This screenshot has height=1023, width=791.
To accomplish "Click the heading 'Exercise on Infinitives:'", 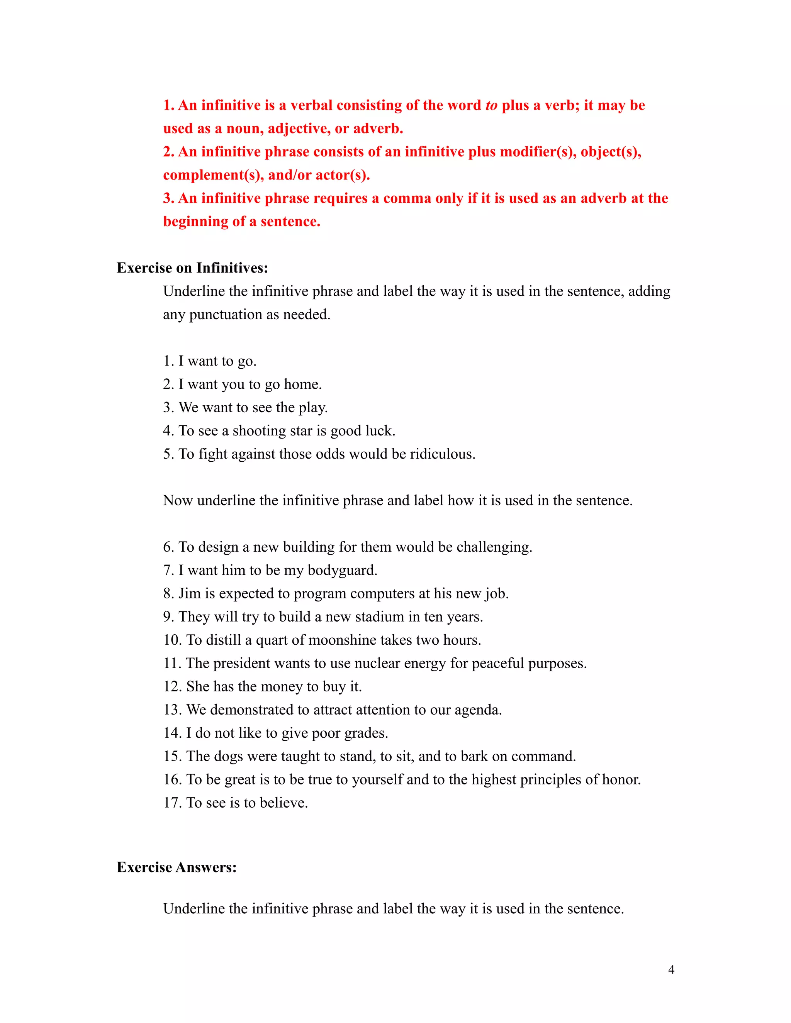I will [192, 268].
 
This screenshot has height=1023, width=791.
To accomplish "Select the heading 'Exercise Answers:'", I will [177, 867].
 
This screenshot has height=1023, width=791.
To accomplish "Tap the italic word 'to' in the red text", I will [491, 105].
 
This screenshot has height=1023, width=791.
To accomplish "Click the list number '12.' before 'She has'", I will [172, 687].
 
